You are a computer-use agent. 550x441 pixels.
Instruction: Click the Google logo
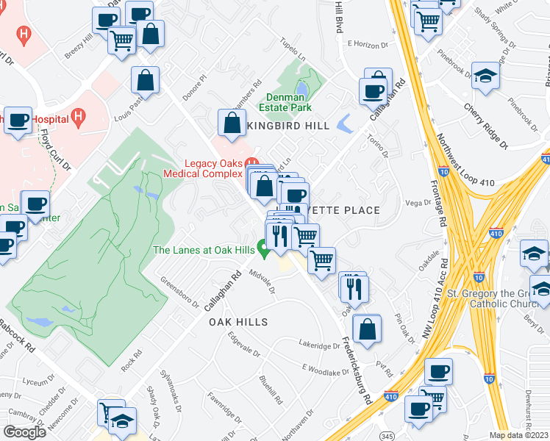(x=24, y=431)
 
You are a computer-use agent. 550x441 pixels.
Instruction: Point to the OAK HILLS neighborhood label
(x=238, y=323)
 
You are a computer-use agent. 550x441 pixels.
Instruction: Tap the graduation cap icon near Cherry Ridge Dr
(x=485, y=76)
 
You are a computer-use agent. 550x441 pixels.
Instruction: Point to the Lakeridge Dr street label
(x=320, y=343)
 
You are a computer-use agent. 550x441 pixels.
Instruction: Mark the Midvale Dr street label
(x=262, y=280)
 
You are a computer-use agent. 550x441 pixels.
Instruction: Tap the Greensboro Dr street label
(x=180, y=293)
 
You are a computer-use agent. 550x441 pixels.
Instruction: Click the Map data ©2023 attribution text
(x=519, y=435)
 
